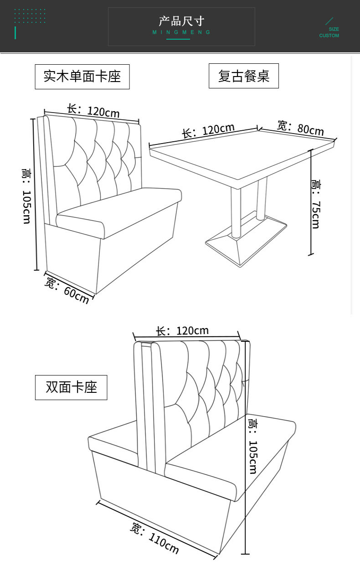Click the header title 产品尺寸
click(x=181, y=21)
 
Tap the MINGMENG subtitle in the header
click(x=181, y=32)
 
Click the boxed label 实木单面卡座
click(x=82, y=77)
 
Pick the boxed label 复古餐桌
click(x=243, y=76)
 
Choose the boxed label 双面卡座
click(x=71, y=387)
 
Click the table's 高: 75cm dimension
click(x=315, y=203)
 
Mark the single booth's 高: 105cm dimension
click(x=26, y=196)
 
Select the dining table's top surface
click(x=242, y=150)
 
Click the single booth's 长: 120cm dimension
click(x=93, y=110)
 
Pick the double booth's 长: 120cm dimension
click(x=182, y=331)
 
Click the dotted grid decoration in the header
click(x=30, y=16)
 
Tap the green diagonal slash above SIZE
click(x=329, y=21)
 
